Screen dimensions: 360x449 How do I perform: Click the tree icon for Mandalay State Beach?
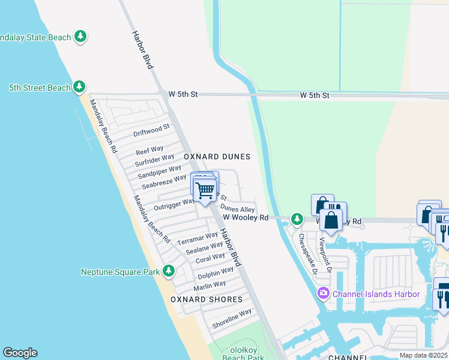80,37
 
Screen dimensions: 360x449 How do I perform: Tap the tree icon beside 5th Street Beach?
79,88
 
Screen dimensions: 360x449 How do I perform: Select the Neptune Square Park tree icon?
169,272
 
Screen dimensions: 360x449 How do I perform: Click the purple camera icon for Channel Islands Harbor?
324,293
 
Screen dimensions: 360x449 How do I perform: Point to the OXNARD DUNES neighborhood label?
217,157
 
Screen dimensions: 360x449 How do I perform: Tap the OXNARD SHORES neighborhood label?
206,299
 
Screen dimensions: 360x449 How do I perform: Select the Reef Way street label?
149,150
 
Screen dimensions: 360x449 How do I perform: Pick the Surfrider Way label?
154,162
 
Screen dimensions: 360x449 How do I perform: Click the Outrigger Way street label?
174,203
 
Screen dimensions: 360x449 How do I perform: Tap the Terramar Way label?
197,239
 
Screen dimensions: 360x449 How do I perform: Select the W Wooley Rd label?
245,218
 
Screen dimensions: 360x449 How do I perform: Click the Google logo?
20,353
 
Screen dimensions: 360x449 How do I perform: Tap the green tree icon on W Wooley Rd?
297,220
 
